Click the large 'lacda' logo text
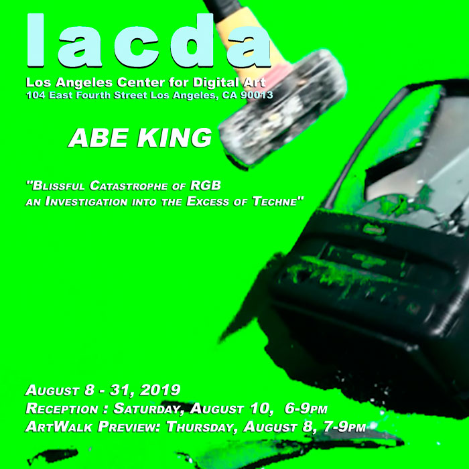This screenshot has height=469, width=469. coord(149,41)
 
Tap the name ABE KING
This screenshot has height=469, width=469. coord(140,138)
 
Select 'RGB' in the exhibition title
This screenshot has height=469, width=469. coord(206,186)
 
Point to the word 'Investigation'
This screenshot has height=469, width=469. coord(86,202)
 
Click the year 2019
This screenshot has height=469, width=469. coord(160,390)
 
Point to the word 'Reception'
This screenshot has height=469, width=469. coord(62,409)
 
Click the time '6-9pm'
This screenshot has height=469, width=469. coord(306,409)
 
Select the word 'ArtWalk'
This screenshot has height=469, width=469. coord(59,427)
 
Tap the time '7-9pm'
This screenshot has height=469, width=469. coord(344,427)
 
